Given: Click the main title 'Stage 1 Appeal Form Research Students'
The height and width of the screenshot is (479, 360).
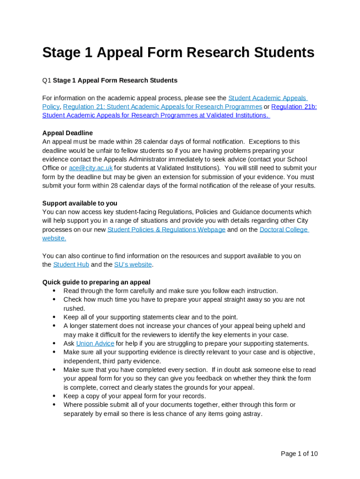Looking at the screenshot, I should click(x=178, y=52).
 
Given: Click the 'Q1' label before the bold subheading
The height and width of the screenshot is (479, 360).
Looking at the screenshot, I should click(x=46, y=80).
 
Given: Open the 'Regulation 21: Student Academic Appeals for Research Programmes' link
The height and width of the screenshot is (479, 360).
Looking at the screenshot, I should click(x=162, y=107).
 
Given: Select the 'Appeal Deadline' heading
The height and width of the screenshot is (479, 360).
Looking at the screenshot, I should click(x=67, y=133).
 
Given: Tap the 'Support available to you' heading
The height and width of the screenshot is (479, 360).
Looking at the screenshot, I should click(x=79, y=203).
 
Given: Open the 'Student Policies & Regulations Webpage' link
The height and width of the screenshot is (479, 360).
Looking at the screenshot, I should click(x=166, y=230).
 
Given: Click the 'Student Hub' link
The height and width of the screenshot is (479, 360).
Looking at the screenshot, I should click(x=71, y=265).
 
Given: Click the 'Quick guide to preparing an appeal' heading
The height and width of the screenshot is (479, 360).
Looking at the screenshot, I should click(x=96, y=282).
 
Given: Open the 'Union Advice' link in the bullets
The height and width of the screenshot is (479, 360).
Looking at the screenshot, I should click(x=95, y=343).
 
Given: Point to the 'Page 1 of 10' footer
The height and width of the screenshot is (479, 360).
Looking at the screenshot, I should click(x=299, y=453).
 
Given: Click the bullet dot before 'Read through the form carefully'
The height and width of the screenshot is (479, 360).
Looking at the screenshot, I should click(x=54, y=291).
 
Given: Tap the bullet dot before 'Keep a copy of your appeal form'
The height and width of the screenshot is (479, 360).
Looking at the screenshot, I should click(x=54, y=396).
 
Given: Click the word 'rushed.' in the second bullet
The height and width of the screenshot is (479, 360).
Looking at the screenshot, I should click(x=74, y=308).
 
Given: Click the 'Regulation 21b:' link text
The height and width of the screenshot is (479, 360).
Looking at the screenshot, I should click(x=294, y=107).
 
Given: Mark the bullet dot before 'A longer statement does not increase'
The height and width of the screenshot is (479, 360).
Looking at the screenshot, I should click(x=54, y=326).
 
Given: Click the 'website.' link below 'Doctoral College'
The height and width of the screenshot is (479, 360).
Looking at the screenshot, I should click(x=54, y=238).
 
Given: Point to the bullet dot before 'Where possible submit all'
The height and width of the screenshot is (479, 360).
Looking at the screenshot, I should click(x=54, y=405).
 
